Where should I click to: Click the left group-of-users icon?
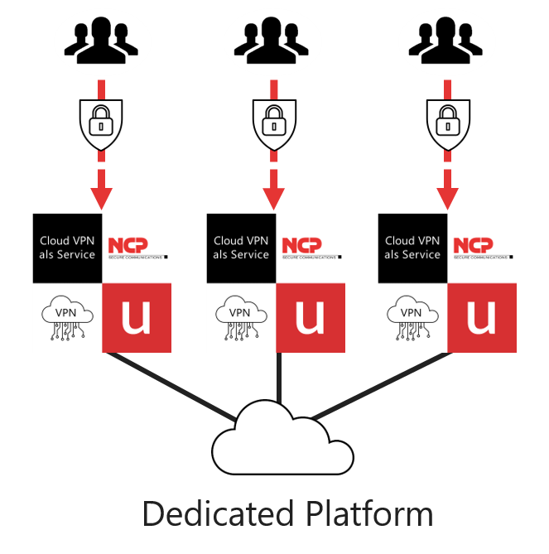102,41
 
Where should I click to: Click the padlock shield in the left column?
102,123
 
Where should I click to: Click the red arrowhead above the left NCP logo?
102,198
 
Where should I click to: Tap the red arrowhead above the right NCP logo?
447,198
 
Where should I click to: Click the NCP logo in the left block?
137,248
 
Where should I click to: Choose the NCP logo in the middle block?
309,248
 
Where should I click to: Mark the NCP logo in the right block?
482,248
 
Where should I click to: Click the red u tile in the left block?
137,317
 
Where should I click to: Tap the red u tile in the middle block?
309,317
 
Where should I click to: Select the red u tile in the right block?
482,317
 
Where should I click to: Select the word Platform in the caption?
365,514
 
